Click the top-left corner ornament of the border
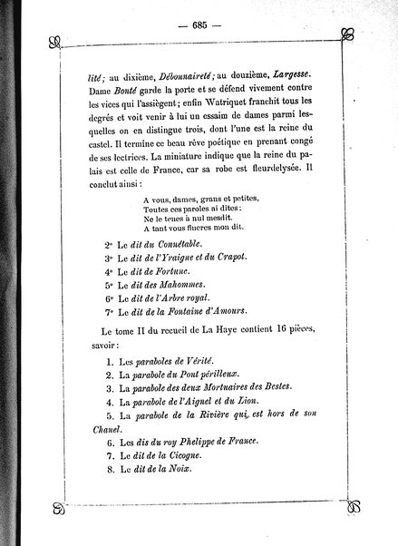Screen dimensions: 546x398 [x=55, y=40]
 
